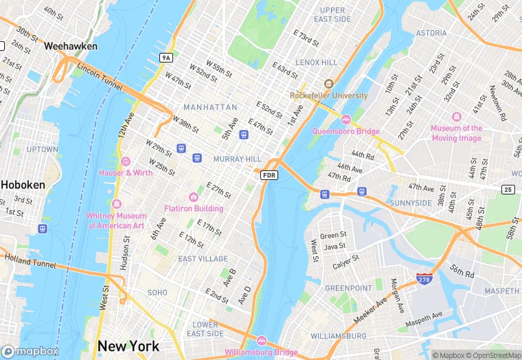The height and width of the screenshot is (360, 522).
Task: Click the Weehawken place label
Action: pos(70,46)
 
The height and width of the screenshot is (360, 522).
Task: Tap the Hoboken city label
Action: pos(23,185)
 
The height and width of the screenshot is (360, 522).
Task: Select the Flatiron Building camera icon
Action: pos(194,197)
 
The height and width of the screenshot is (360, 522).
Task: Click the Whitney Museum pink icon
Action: pos(116,204)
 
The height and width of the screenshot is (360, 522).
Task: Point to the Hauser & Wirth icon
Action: pos(125,161)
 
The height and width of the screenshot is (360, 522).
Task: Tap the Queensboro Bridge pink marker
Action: pos(345,120)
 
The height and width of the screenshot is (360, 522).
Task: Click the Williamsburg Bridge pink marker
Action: pos(261,341)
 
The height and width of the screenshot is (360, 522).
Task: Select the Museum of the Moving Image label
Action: pos(457,133)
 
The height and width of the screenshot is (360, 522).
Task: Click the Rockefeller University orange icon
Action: pos(328,84)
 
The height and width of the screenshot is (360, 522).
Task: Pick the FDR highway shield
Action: pos(269,176)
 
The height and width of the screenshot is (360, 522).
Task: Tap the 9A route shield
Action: pos(166,58)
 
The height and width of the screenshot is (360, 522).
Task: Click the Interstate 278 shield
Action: pos(424,278)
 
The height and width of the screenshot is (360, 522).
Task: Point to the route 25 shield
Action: pos(508,189)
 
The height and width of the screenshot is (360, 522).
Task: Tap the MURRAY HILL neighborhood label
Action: pos(237,159)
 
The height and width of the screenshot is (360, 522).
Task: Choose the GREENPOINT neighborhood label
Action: pos(348,288)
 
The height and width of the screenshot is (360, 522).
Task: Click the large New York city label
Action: pos(128,346)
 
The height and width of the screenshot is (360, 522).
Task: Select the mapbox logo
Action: pos(30,350)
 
